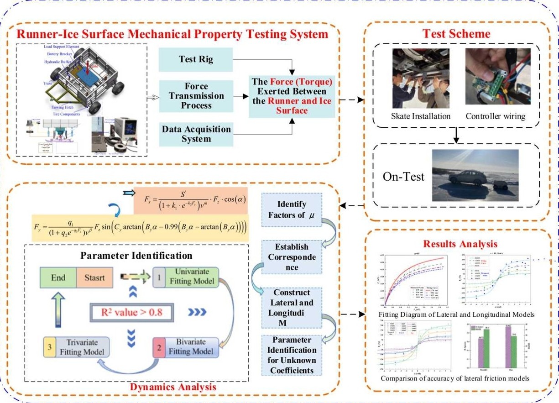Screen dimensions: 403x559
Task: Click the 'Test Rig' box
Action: tap(196, 59)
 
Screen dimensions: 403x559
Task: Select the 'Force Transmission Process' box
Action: tap(196, 96)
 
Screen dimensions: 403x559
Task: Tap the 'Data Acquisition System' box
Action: tap(196, 134)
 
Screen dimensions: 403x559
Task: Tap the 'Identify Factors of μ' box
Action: tap(292, 209)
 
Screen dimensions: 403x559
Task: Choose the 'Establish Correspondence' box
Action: tap(292, 257)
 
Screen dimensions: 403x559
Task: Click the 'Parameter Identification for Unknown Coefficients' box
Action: tap(292, 355)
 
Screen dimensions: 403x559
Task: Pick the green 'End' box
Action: tap(58, 277)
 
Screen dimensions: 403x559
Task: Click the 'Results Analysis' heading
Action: tap(460, 244)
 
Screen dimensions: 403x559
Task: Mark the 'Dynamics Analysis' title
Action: tap(173, 387)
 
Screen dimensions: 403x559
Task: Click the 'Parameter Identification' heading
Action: tap(136, 255)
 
